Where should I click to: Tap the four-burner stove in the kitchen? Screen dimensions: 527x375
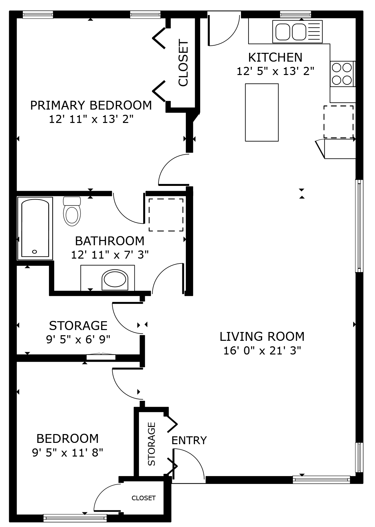342,74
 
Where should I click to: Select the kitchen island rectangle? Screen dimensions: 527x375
262,113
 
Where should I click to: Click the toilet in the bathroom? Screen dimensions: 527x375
72,212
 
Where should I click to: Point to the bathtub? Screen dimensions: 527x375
35,228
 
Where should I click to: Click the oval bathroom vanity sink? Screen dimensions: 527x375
114,279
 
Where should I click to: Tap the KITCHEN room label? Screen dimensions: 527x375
275,57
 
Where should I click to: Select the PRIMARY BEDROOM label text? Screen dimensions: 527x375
91,105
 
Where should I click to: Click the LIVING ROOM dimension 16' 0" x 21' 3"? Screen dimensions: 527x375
262,351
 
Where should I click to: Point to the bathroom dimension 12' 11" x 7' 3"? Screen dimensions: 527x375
110,255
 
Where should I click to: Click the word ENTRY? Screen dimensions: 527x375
189,441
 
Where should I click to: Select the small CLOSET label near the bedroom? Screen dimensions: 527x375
143,498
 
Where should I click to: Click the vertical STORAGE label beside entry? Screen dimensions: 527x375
152,444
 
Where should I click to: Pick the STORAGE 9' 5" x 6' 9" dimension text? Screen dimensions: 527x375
78,340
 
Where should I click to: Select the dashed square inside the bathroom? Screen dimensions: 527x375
166,215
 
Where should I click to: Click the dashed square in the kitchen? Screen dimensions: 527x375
338,122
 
